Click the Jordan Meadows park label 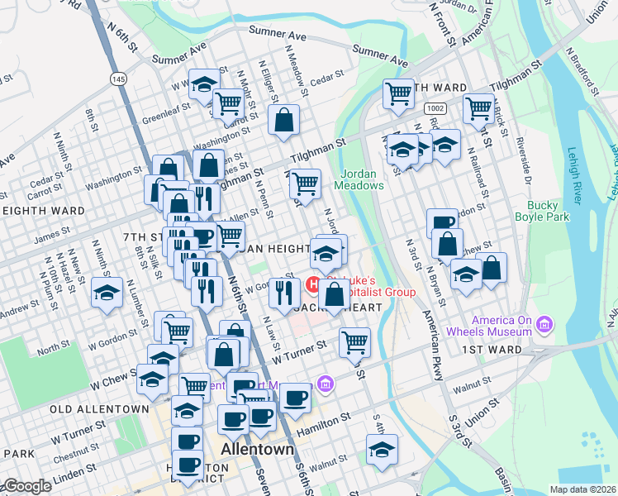pyautogui.click(x=359, y=179)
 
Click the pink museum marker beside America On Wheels pyautogui.click(x=544, y=322)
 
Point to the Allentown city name pyautogui.click(x=259, y=450)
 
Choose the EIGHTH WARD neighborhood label pyautogui.click(x=44, y=211)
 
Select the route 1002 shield pyautogui.click(x=435, y=108)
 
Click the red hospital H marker pyautogui.click(x=314, y=285)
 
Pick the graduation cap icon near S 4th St pyautogui.click(x=382, y=449)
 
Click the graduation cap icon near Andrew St pyautogui.click(x=107, y=293)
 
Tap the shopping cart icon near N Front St pyautogui.click(x=478, y=107)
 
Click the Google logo pyautogui.click(x=26, y=486)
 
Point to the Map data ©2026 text pyautogui.click(x=582, y=489)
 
